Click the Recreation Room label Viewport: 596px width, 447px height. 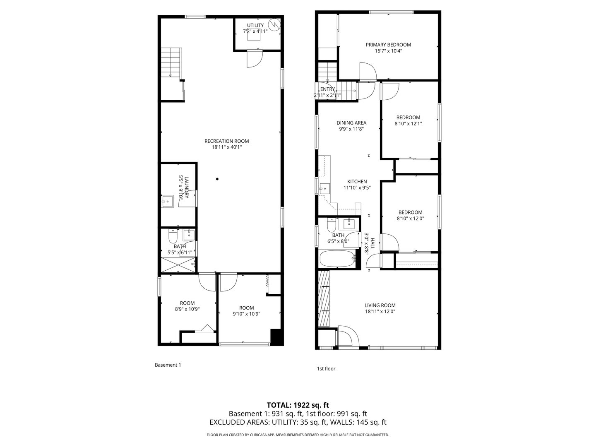[x=226, y=141]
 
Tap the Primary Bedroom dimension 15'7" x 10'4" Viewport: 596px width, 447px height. [x=388, y=51]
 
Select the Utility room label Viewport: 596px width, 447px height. [x=255, y=26]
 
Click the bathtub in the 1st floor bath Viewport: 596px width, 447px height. [x=338, y=259]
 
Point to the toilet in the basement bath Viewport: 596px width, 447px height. [x=173, y=237]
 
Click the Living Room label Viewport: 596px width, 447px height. [x=380, y=305]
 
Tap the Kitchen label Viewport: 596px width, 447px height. [x=357, y=181]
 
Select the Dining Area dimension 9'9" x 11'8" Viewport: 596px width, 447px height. [x=351, y=129]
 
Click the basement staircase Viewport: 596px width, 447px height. [x=171, y=62]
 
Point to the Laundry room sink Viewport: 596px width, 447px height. [x=167, y=202]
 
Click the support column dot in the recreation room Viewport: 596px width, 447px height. [x=217, y=179]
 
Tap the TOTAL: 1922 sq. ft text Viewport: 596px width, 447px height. [x=298, y=405]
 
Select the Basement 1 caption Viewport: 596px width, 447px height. [x=168, y=365]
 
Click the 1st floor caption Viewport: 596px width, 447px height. [x=326, y=368]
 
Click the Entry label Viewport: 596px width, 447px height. [x=327, y=89]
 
